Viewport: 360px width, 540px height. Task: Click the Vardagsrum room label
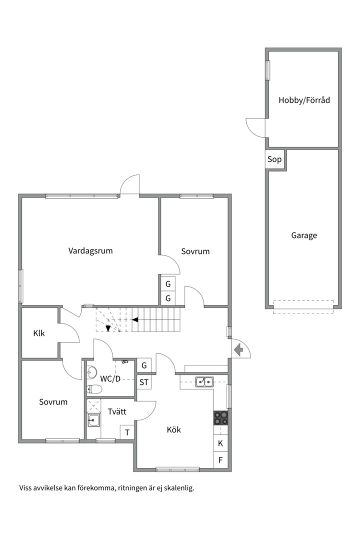coord(90,251)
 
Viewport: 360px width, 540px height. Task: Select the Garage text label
coord(304,235)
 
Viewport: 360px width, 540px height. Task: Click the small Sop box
coord(274,160)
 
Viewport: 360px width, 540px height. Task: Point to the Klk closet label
coord(39,333)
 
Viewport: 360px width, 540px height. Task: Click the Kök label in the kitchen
coord(173,429)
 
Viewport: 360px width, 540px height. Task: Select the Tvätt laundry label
coord(116,412)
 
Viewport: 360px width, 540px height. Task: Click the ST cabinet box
coord(144,382)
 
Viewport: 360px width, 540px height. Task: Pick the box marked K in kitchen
coord(220,443)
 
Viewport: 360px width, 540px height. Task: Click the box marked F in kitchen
coord(220,459)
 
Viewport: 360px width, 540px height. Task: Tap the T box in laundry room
coord(127,432)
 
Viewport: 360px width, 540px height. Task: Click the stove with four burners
coord(220,417)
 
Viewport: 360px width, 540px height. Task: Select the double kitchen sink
coord(204,382)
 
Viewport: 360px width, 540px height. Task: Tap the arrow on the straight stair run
coord(135,319)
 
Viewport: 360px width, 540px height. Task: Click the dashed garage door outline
coord(303,306)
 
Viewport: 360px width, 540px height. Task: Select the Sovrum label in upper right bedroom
coord(195,251)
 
